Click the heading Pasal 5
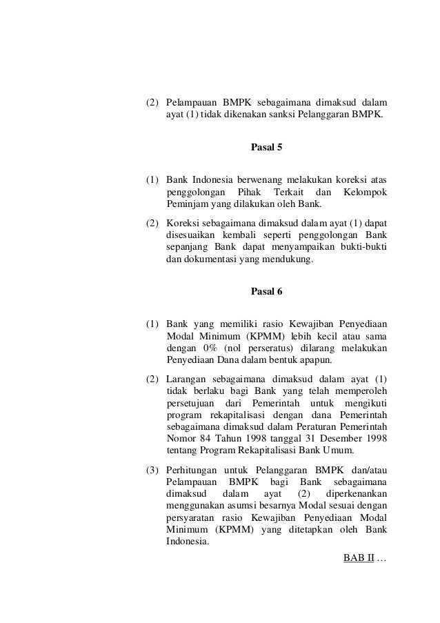point(266,148)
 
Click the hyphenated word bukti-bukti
point(363,247)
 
